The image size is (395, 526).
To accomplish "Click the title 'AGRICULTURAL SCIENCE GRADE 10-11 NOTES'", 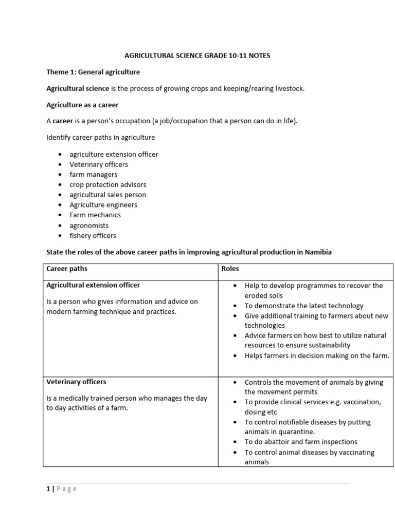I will pyautogui.click(x=197, y=55).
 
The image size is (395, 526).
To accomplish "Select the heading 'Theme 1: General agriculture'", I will pyautogui.click(x=93, y=72).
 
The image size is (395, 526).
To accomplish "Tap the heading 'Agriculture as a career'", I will pyautogui.click(x=82, y=105).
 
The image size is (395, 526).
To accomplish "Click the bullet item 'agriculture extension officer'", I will pyautogui.click(x=114, y=154).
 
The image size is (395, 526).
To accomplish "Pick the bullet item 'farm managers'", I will pyautogui.click(x=93, y=175).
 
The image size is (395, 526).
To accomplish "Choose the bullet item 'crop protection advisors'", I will pyautogui.click(x=107, y=184).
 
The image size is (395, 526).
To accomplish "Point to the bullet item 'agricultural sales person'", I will pyautogui.click(x=107, y=195).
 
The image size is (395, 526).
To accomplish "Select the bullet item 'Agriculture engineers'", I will pyautogui.click(x=103, y=205).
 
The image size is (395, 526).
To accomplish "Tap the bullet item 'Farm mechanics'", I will pyautogui.click(x=95, y=215).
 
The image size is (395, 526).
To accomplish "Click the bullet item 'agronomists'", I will pyautogui.click(x=89, y=226).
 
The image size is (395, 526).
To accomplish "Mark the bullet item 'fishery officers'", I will pyautogui.click(x=93, y=236).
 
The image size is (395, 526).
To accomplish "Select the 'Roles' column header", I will pyautogui.click(x=230, y=269).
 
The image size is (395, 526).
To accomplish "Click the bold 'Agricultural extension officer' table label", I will pyautogui.click(x=93, y=285).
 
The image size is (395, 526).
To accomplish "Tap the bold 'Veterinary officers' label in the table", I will pyautogui.click(x=76, y=382).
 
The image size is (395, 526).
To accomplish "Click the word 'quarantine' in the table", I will pyautogui.click(x=296, y=431).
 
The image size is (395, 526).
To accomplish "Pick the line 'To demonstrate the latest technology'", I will pyautogui.click(x=303, y=306).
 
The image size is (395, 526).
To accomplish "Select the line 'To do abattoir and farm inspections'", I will pyautogui.click(x=300, y=442).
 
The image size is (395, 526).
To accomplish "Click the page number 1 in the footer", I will pyautogui.click(x=48, y=489).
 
